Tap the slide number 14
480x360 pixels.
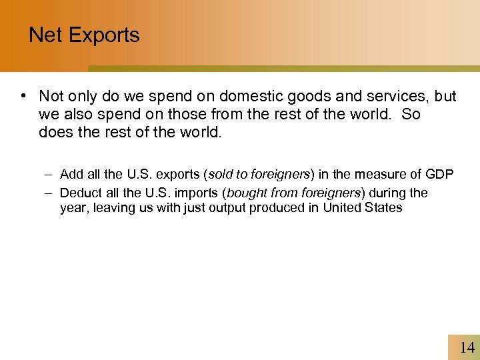(x=467, y=347)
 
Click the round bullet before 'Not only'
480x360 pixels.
(x=23, y=96)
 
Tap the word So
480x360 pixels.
(x=412, y=114)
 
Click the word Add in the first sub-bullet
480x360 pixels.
(x=71, y=175)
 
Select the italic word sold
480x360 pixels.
(x=221, y=175)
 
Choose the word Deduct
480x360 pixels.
(x=79, y=193)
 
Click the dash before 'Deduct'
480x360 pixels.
(x=50, y=193)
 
